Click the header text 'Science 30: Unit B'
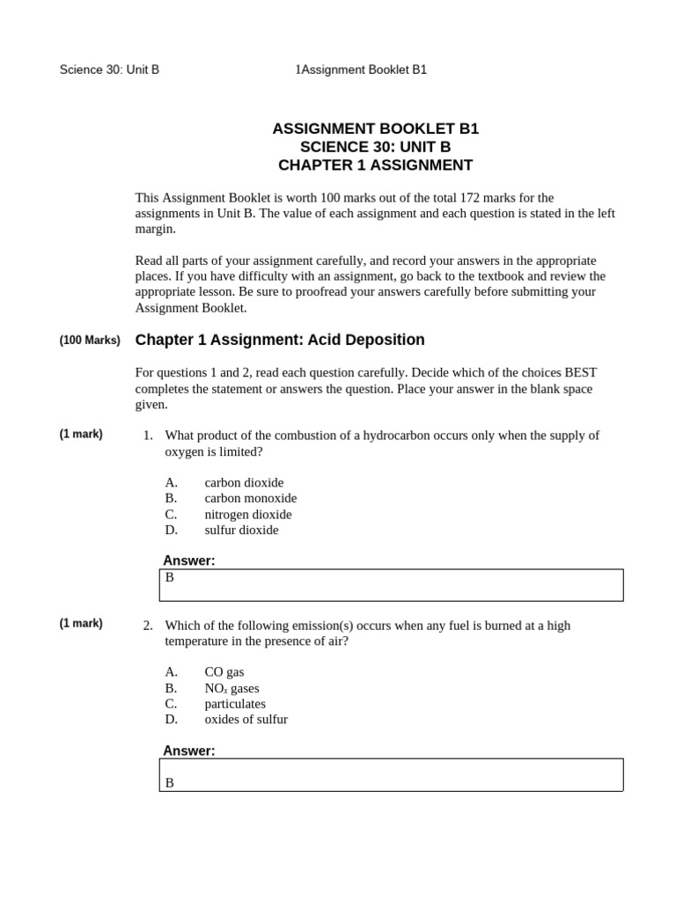109,70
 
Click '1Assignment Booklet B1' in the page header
362,70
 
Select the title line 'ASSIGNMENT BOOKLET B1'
376,128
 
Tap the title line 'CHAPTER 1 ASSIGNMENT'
376,165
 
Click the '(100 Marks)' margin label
90,340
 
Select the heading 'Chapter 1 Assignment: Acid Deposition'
280,340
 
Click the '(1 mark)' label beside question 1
81,434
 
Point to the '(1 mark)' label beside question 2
81,624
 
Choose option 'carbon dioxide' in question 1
244,482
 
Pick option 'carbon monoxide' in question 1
251,498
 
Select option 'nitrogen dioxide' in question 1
248,514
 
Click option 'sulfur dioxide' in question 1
241,530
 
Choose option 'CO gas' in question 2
224,671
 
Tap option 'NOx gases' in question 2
231,688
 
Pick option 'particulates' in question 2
235,704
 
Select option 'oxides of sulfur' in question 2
246,720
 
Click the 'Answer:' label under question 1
189,560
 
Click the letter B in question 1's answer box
170,577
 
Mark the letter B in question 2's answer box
170,782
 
